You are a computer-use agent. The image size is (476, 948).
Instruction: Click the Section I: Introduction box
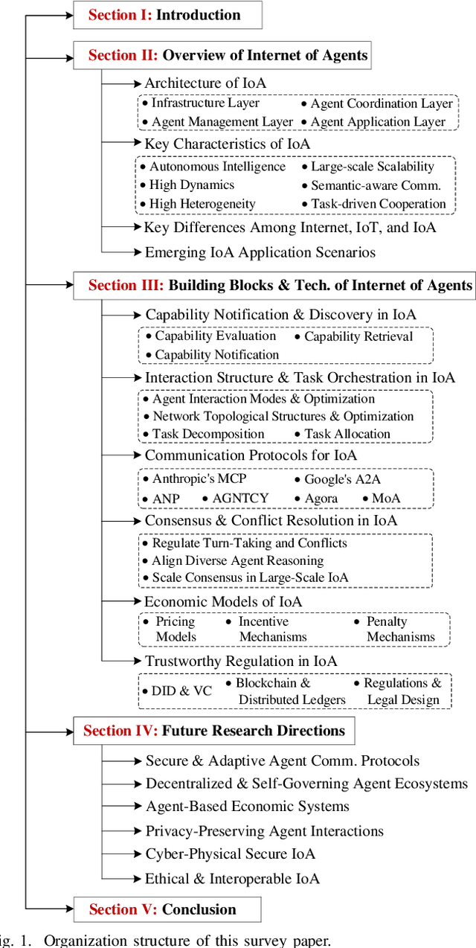click(167, 15)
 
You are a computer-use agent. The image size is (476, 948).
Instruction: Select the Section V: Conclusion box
click(167, 909)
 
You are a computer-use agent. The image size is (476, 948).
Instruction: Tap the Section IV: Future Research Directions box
click(213, 731)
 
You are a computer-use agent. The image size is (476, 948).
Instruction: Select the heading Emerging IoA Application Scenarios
click(260, 252)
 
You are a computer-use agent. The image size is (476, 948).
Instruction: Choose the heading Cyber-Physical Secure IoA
click(231, 853)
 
